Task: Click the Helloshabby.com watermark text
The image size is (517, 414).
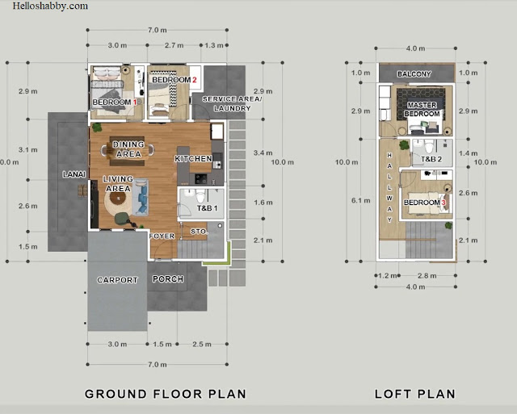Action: pyautogui.click(x=50, y=6)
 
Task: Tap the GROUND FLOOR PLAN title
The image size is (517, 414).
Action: pyautogui.click(x=166, y=394)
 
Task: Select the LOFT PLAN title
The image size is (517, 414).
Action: pyautogui.click(x=415, y=394)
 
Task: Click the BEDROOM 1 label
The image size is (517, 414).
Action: pyautogui.click(x=115, y=102)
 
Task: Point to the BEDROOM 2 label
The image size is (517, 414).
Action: pyautogui.click(x=174, y=80)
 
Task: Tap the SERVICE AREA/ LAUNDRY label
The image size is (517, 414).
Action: pyautogui.click(x=232, y=103)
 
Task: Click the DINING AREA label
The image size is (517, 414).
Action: pyautogui.click(x=128, y=149)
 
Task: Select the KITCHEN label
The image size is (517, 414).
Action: pyautogui.click(x=193, y=159)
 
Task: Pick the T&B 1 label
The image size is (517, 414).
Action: pyautogui.click(x=207, y=208)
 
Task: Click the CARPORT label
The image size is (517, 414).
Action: pyautogui.click(x=117, y=280)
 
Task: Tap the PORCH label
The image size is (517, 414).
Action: pyautogui.click(x=168, y=279)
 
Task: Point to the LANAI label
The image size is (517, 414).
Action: pyautogui.click(x=74, y=174)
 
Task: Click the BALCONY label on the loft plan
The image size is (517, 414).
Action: pyautogui.click(x=414, y=73)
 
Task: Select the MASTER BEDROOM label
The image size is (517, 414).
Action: pyautogui.click(x=422, y=109)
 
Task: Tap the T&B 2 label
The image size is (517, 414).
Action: pyautogui.click(x=431, y=160)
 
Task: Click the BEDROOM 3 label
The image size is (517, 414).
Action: pyautogui.click(x=425, y=203)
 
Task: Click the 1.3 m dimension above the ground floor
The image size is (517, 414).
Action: pyautogui.click(x=214, y=45)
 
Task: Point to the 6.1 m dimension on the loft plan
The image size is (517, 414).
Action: pyautogui.click(x=361, y=200)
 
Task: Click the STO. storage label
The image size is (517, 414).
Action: pyautogui.click(x=199, y=232)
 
